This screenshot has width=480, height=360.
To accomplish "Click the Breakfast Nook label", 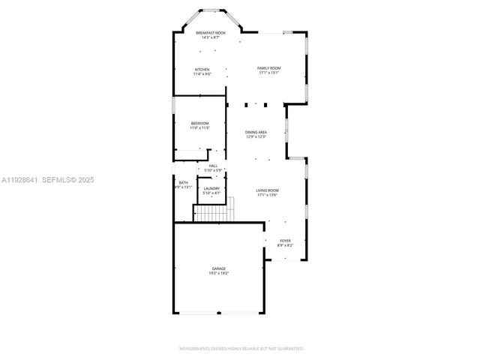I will pos(210,33).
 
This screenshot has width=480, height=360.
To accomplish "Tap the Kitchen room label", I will pos(202,70).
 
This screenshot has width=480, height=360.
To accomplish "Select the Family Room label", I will pos(268,68).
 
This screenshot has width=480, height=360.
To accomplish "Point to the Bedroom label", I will pos(199,123).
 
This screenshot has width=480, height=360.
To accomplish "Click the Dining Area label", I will pos(256,132).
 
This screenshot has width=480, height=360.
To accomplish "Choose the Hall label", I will pos(213,166).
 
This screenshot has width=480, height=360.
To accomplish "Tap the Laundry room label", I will pos(211,188).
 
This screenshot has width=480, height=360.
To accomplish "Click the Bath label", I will pos(183,182).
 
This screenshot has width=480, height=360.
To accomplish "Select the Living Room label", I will pos(268,191).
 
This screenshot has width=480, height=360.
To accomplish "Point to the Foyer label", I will pos(285,241).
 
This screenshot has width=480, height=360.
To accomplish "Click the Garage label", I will pos(218,268).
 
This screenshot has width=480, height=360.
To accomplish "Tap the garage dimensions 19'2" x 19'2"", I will pos(218,273).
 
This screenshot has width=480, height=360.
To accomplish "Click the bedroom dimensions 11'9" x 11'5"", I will pos(199,127).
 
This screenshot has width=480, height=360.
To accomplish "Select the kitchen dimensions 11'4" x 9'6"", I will pos(202,74).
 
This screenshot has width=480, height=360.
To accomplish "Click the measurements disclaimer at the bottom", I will pos(240,349).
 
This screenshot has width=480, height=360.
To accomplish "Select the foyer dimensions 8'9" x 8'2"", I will pos(285,245).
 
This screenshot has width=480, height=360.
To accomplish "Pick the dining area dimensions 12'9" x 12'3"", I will pos(256,136).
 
